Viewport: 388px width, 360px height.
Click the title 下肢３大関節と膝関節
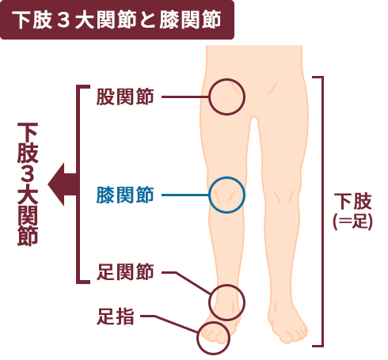coord(116,20)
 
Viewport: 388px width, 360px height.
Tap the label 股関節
coord(125,97)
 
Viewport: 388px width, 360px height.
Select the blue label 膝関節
coord(125,195)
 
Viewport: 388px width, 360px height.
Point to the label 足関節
coord(125,271)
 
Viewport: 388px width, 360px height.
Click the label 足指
coord(116,316)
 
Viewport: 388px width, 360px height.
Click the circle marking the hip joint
coord(209,97)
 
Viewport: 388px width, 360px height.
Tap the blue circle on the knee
coord(209,195)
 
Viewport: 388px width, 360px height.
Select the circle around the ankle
coord(209,302)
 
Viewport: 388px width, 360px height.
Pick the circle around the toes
coord(197,339)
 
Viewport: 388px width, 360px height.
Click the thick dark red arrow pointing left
coord(62,184)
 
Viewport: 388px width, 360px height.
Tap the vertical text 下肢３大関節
coord(28,184)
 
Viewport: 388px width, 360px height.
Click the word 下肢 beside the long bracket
coord(353,201)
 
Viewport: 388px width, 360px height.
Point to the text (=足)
coord(353,221)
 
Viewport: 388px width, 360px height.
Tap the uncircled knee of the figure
coord(283,196)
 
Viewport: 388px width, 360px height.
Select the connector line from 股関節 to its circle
coord(185,97)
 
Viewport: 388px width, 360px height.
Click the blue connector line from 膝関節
coord(185,195)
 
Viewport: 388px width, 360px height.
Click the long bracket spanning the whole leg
coord(322,211)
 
